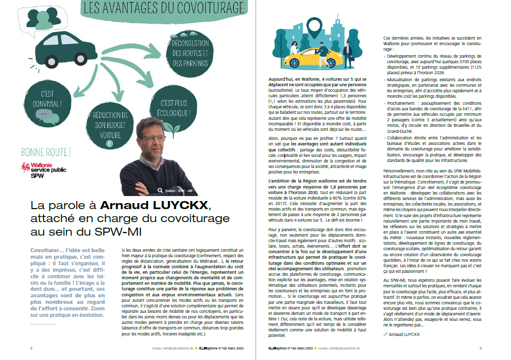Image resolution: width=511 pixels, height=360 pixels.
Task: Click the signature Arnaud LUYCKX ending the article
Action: (404, 333)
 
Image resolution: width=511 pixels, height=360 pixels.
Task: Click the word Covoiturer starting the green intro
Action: (44, 249)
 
